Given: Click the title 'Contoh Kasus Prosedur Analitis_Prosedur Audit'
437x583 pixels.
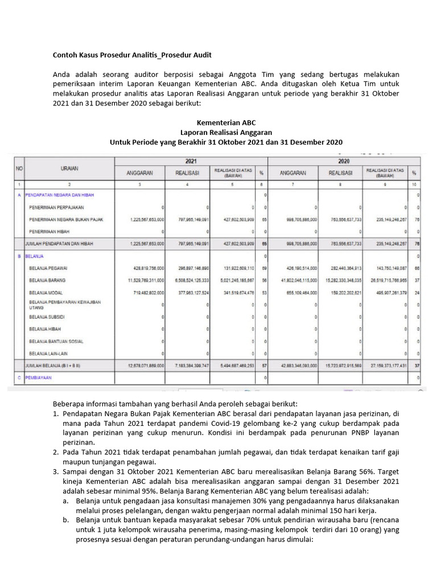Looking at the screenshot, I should point(133,55).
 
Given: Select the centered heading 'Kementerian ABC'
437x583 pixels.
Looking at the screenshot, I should point(226,122).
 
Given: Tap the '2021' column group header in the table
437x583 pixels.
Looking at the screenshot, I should point(191,161).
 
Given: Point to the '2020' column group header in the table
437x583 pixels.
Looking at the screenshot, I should point(344,161).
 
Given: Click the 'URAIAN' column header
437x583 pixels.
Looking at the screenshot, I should point(69,169).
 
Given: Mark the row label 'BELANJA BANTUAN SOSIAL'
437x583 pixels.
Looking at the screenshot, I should point(56,341).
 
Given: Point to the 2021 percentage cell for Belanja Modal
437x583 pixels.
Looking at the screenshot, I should point(262,293).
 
